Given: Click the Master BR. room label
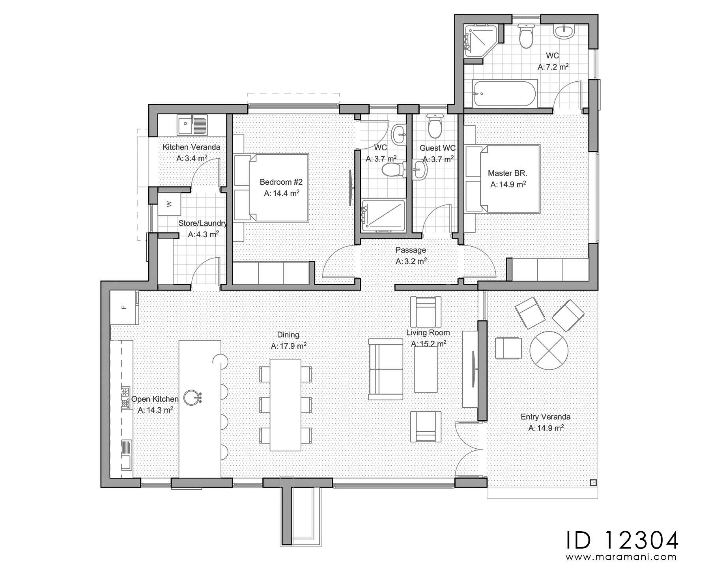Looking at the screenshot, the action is click(x=507, y=173).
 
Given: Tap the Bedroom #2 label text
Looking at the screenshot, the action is click(x=281, y=182).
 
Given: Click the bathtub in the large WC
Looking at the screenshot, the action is click(x=504, y=93).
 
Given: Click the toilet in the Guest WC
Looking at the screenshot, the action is click(x=435, y=126).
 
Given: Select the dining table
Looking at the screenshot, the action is click(x=286, y=405).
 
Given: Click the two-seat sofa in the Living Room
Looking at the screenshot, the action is click(x=385, y=369).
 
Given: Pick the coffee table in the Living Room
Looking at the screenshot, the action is click(x=426, y=369).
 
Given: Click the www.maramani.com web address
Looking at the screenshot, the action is click(x=622, y=557).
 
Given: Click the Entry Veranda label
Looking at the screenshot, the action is click(x=546, y=417).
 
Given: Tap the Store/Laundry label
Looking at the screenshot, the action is click(x=203, y=223).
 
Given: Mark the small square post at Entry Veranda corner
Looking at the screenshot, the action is click(x=593, y=482).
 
